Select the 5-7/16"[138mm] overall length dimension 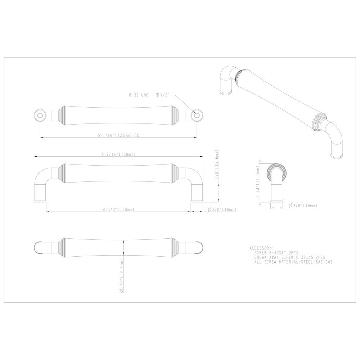tap(118, 154)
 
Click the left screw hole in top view tap(40, 115)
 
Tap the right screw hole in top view tap(196, 115)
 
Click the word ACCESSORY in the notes tap(261, 248)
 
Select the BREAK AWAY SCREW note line tap(290, 258)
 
